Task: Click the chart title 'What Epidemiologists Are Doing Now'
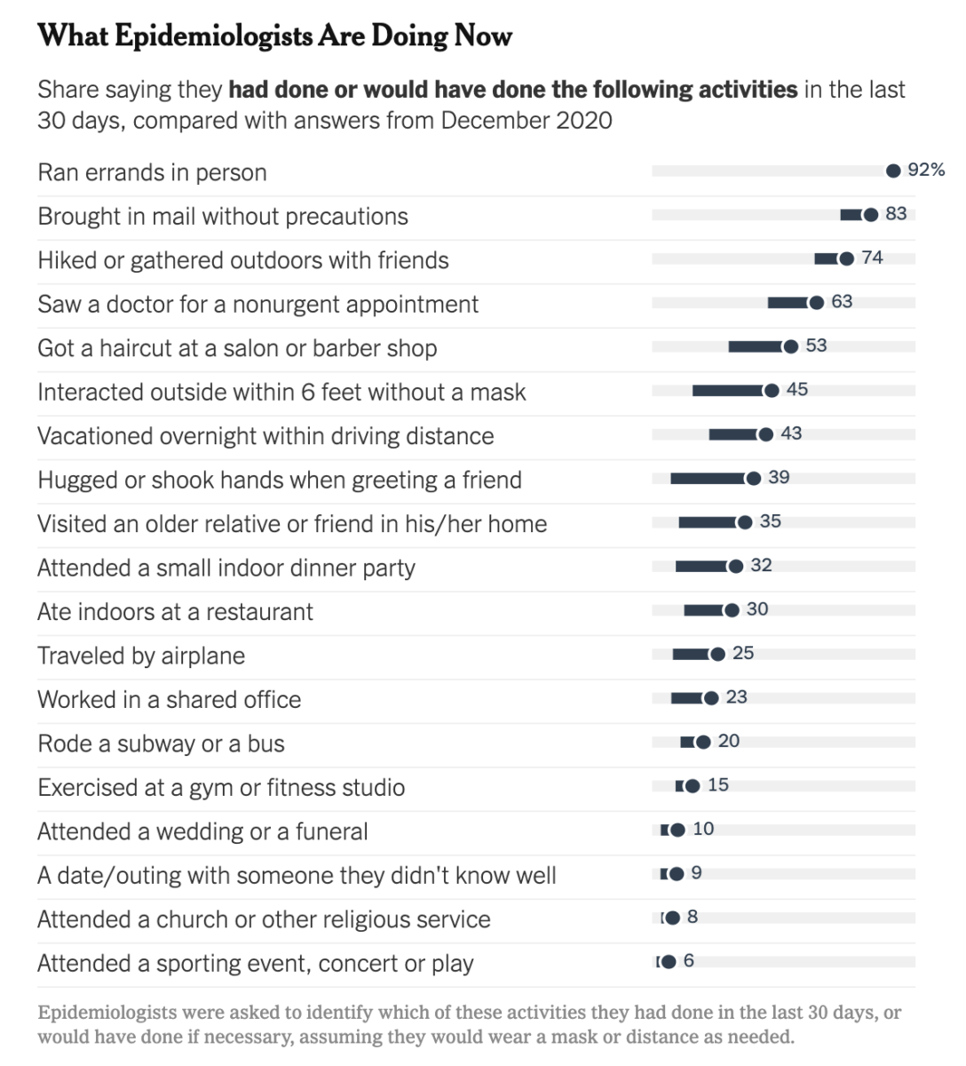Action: [275, 36]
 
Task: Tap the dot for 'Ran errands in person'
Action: [893, 171]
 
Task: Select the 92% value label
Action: [926, 170]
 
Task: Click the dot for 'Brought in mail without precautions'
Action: [871, 214]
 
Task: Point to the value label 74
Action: [873, 258]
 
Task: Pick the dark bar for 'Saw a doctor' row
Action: [788, 303]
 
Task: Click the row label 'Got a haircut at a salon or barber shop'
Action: [237, 348]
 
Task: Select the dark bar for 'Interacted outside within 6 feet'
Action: [727, 391]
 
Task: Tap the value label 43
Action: [791, 434]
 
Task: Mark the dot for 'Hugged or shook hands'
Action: [753, 479]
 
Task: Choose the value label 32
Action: [761, 565]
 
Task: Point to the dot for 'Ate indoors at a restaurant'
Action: [732, 610]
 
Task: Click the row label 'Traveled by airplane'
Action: [141, 656]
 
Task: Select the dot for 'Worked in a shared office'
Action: [710, 698]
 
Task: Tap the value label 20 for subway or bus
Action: [728, 741]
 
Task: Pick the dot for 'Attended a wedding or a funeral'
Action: [677, 830]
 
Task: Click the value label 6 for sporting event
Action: [689, 961]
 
